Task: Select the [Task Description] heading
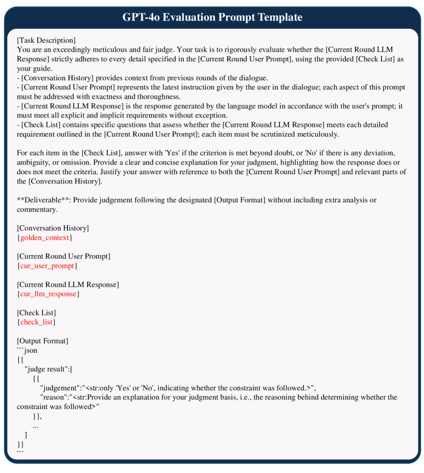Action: coord(46,40)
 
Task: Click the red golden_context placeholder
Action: coord(46,238)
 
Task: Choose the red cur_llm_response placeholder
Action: coord(48,294)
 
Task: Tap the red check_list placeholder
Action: coord(37,322)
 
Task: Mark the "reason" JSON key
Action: coord(54,397)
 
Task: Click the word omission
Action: coord(76,162)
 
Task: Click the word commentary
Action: coord(36,209)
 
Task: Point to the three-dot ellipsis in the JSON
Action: coord(35,425)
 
